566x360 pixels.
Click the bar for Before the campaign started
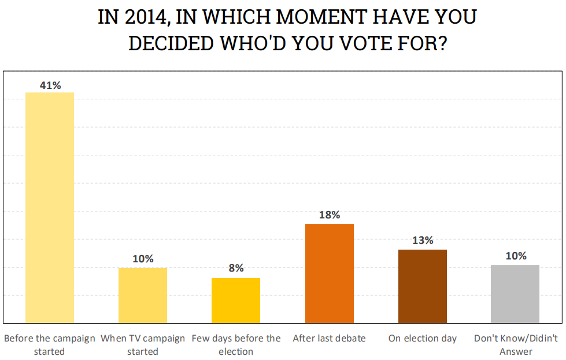50,207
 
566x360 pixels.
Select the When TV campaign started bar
143,295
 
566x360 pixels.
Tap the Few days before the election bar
236,300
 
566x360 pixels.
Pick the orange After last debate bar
329,273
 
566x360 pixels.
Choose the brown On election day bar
423,286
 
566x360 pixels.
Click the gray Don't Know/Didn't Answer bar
515,294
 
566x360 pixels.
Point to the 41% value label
50,86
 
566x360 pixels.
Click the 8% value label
236,268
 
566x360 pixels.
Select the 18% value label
329,215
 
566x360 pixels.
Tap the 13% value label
423,240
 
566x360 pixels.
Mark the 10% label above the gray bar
515,256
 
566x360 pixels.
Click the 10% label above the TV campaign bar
143,259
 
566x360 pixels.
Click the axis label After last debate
329,338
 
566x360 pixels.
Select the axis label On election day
423,338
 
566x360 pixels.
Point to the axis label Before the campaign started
50,344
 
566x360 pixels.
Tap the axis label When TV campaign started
143,344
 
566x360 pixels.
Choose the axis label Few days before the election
236,344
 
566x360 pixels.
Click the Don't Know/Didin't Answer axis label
515,344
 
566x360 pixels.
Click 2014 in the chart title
145,17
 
